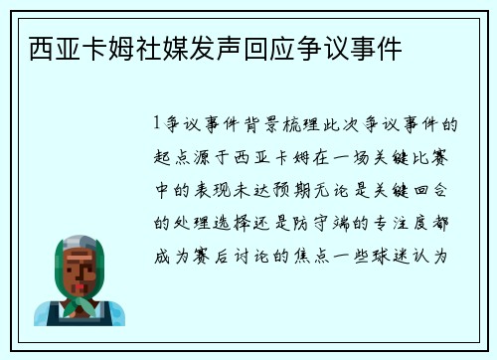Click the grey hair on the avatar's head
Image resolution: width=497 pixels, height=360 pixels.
[80, 240]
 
